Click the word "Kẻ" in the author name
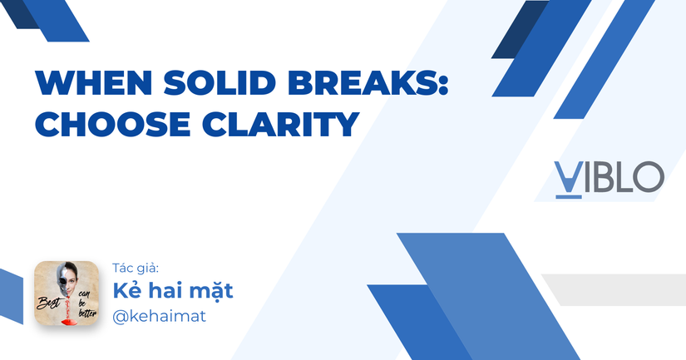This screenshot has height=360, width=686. pyautogui.click(x=126, y=291)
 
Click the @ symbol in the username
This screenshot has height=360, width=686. pyautogui.click(x=121, y=318)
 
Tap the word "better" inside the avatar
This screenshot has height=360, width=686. pyautogui.click(x=86, y=314)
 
